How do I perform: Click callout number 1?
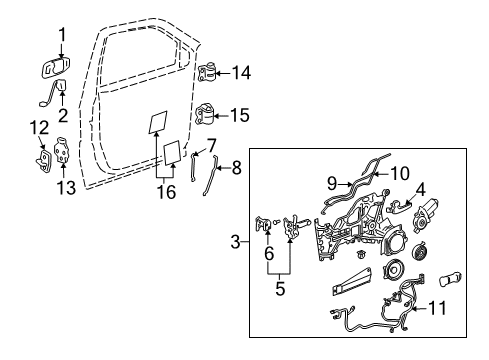tap(61, 38)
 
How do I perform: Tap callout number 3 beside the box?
tap(236, 241)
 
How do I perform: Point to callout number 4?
tap(421, 187)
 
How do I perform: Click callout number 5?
tap(281, 290)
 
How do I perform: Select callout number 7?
tap(210, 146)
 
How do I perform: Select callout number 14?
tap(240, 72)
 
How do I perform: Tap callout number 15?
tap(240, 115)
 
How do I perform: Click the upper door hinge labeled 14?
tap(209, 72)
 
